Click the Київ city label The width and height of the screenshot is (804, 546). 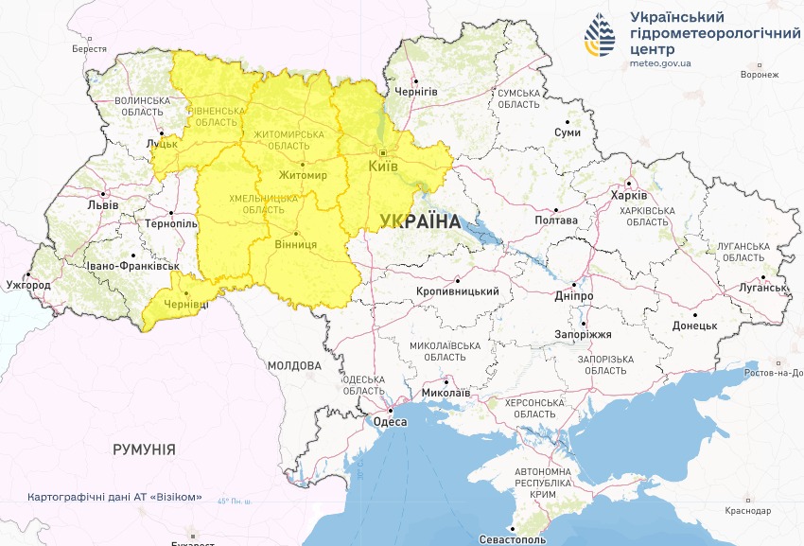[382, 167]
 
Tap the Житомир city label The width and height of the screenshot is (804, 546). [303, 176]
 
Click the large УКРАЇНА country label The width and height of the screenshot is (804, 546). [418, 222]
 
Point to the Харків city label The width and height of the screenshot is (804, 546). [628, 195]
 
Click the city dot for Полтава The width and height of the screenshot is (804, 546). [557, 210]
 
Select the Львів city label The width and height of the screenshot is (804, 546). [102, 204]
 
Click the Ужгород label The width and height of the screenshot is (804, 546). [27, 284]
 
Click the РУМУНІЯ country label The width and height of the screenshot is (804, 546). [144, 449]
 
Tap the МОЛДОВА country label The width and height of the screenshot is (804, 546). [293, 365]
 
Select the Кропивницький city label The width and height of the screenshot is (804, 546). [459, 291]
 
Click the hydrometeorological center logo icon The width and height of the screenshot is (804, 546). [600, 36]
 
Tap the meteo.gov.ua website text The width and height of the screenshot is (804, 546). [660, 63]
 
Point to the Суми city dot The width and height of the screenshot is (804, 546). [567, 121]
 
